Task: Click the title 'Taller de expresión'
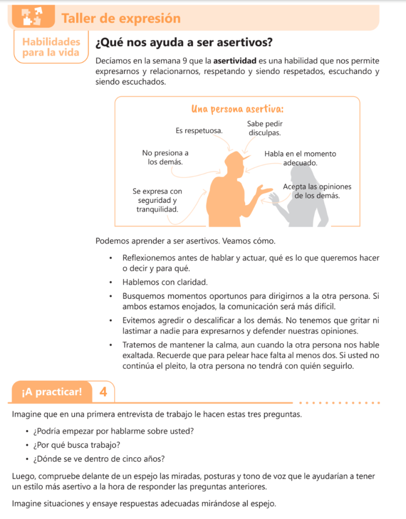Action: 121,19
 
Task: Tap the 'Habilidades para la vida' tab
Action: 51,47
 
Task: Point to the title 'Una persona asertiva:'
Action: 237,109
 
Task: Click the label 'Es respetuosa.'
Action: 199,131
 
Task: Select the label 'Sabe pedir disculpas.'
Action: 264,128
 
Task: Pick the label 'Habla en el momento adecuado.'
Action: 300,158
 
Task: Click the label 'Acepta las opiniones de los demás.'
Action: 317,191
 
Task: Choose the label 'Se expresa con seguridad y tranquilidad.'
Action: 157,200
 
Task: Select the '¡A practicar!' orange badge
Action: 51,392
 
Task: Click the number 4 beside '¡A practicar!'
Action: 104,392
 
